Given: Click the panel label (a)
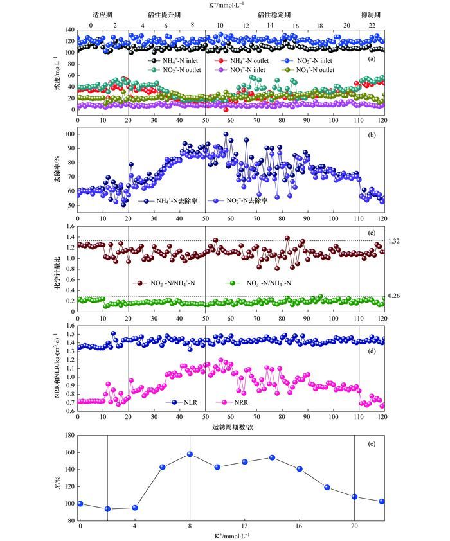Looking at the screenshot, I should [x=372, y=59].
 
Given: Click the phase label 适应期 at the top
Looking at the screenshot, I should [x=103, y=13].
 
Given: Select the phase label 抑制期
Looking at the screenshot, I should [x=371, y=13].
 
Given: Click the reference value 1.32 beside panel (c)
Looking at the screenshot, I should [x=393, y=241].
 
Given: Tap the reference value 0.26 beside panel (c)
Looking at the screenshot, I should [x=393, y=296].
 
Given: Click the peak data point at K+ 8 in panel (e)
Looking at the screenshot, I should [x=190, y=454].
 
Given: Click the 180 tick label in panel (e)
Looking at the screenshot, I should [x=67, y=435].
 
